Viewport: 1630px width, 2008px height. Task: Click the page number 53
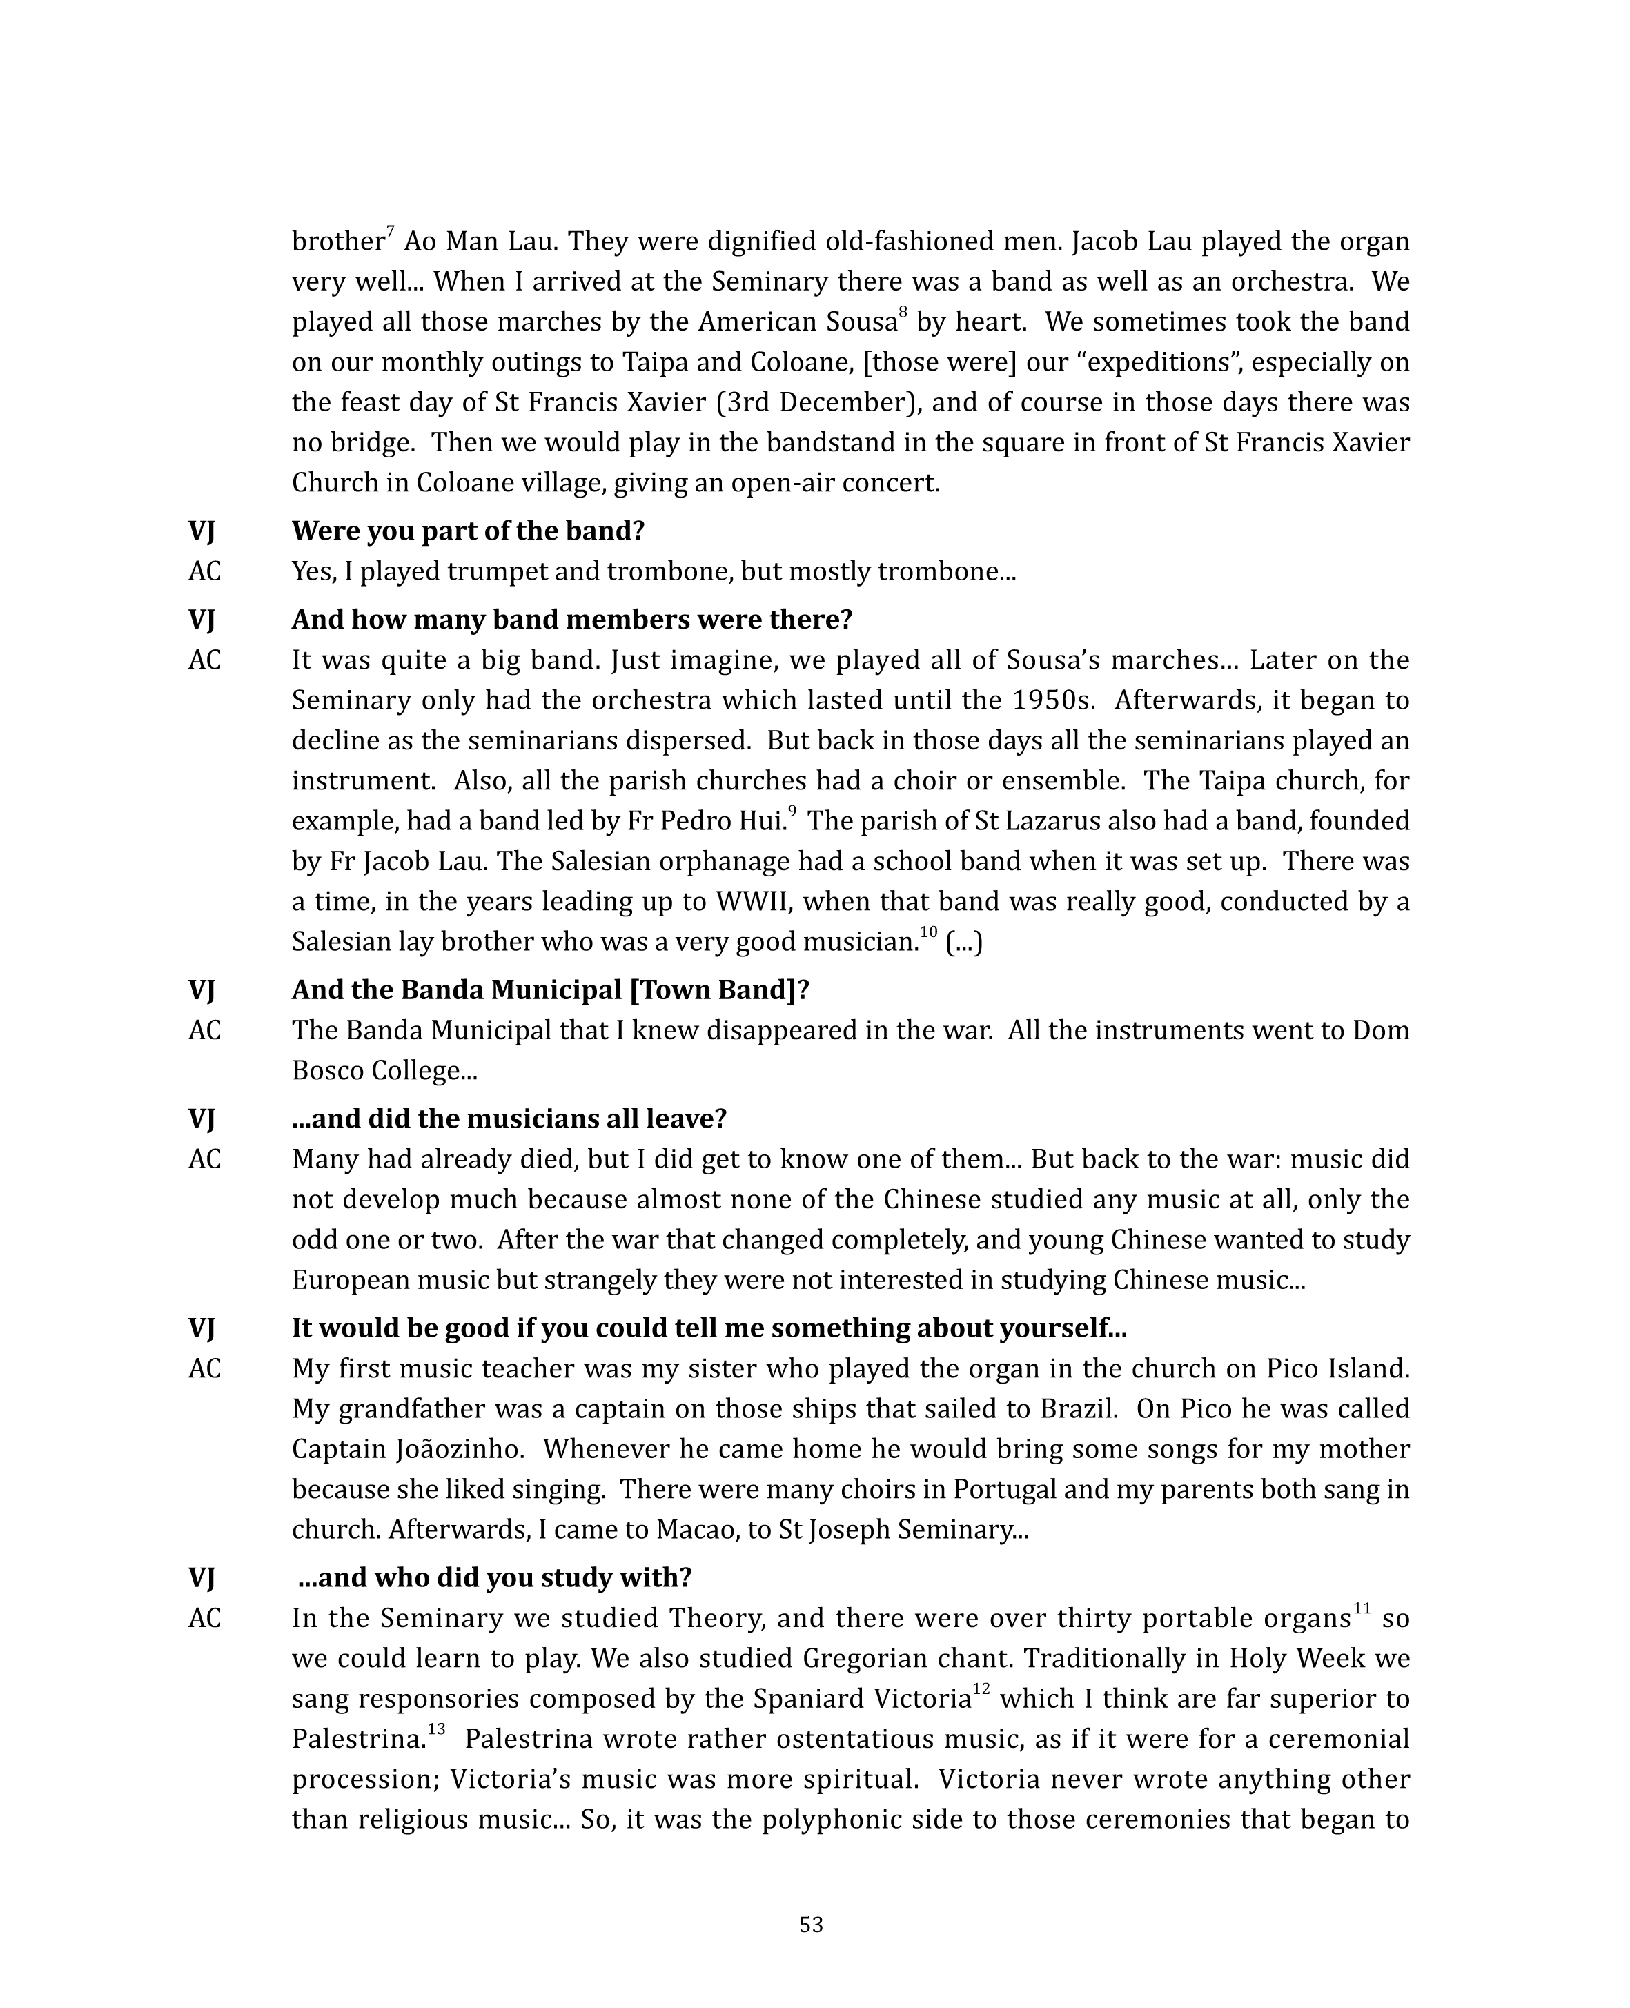tap(812, 1925)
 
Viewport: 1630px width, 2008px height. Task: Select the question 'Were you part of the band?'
tap(468, 531)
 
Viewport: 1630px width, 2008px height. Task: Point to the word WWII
tap(755, 902)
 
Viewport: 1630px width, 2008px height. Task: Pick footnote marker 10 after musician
tap(927, 932)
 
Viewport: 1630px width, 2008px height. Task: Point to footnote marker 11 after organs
tap(1362, 1610)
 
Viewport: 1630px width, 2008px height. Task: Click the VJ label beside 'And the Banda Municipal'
tap(202, 990)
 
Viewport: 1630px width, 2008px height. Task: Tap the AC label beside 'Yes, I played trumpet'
tap(205, 572)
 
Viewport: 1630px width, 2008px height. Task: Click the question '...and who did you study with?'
tap(495, 1578)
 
